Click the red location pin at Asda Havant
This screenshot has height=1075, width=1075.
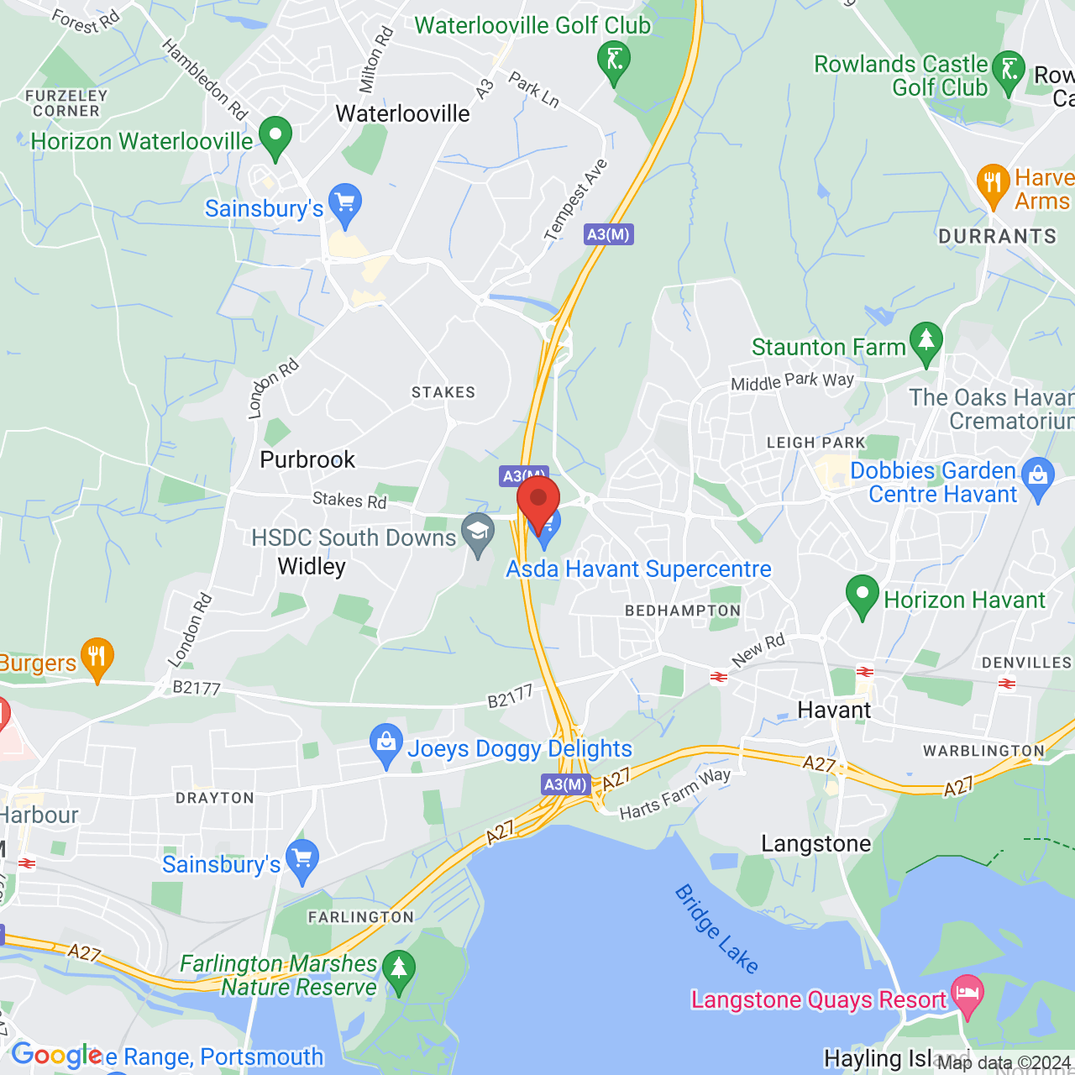(x=538, y=501)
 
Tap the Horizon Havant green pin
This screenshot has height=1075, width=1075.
(x=862, y=595)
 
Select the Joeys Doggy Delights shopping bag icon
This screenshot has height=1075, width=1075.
(x=386, y=743)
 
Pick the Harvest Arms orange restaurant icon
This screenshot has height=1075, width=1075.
(x=993, y=183)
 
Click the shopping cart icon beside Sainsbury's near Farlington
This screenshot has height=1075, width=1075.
(x=302, y=859)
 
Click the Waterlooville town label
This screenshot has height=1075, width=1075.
(x=402, y=113)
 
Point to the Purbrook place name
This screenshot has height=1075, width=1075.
(x=307, y=459)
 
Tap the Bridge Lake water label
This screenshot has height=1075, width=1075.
(x=716, y=928)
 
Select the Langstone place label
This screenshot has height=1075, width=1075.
(x=815, y=843)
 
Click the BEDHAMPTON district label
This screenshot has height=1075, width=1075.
(x=683, y=611)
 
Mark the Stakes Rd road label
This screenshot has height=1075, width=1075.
(x=349, y=500)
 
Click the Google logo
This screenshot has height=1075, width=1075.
(x=56, y=1055)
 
